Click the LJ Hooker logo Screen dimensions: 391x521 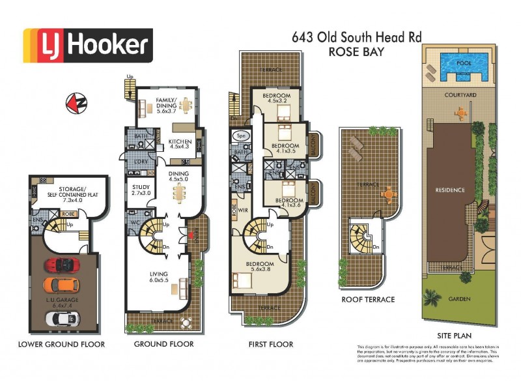(87, 45)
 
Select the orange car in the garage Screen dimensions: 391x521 (61, 285)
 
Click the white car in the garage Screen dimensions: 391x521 (61, 317)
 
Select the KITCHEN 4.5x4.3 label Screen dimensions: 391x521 (179, 144)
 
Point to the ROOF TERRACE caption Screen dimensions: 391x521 (368, 300)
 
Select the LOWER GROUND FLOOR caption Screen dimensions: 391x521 (61, 344)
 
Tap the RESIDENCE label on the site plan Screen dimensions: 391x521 (450, 190)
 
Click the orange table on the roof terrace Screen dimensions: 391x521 (389, 193)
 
